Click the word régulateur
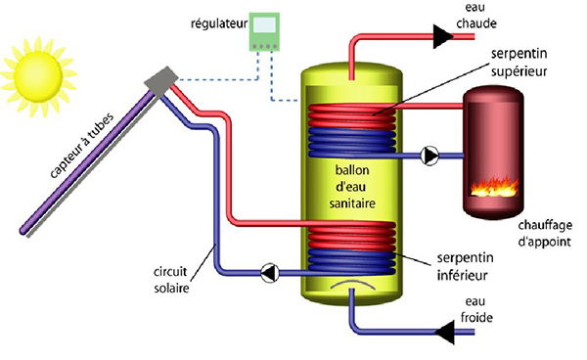[x=209, y=20]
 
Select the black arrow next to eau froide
[x=446, y=334]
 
